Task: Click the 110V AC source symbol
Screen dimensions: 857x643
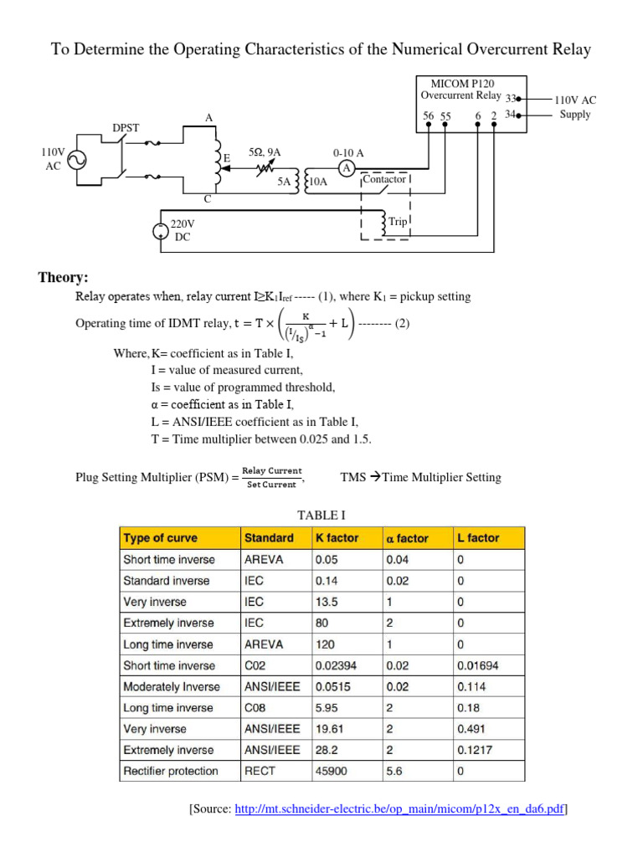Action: (77, 160)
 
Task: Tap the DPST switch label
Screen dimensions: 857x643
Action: (126, 128)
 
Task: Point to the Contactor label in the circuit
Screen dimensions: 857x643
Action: (385, 179)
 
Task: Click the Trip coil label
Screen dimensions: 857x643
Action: (398, 221)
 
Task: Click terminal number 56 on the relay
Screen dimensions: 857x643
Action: (429, 115)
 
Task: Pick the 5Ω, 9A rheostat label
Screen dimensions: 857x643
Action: (265, 152)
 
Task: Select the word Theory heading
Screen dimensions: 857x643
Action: (64, 278)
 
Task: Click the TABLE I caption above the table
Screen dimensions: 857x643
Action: (321, 513)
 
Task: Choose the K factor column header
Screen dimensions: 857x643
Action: (337, 538)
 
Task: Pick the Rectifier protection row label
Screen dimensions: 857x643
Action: (170, 771)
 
